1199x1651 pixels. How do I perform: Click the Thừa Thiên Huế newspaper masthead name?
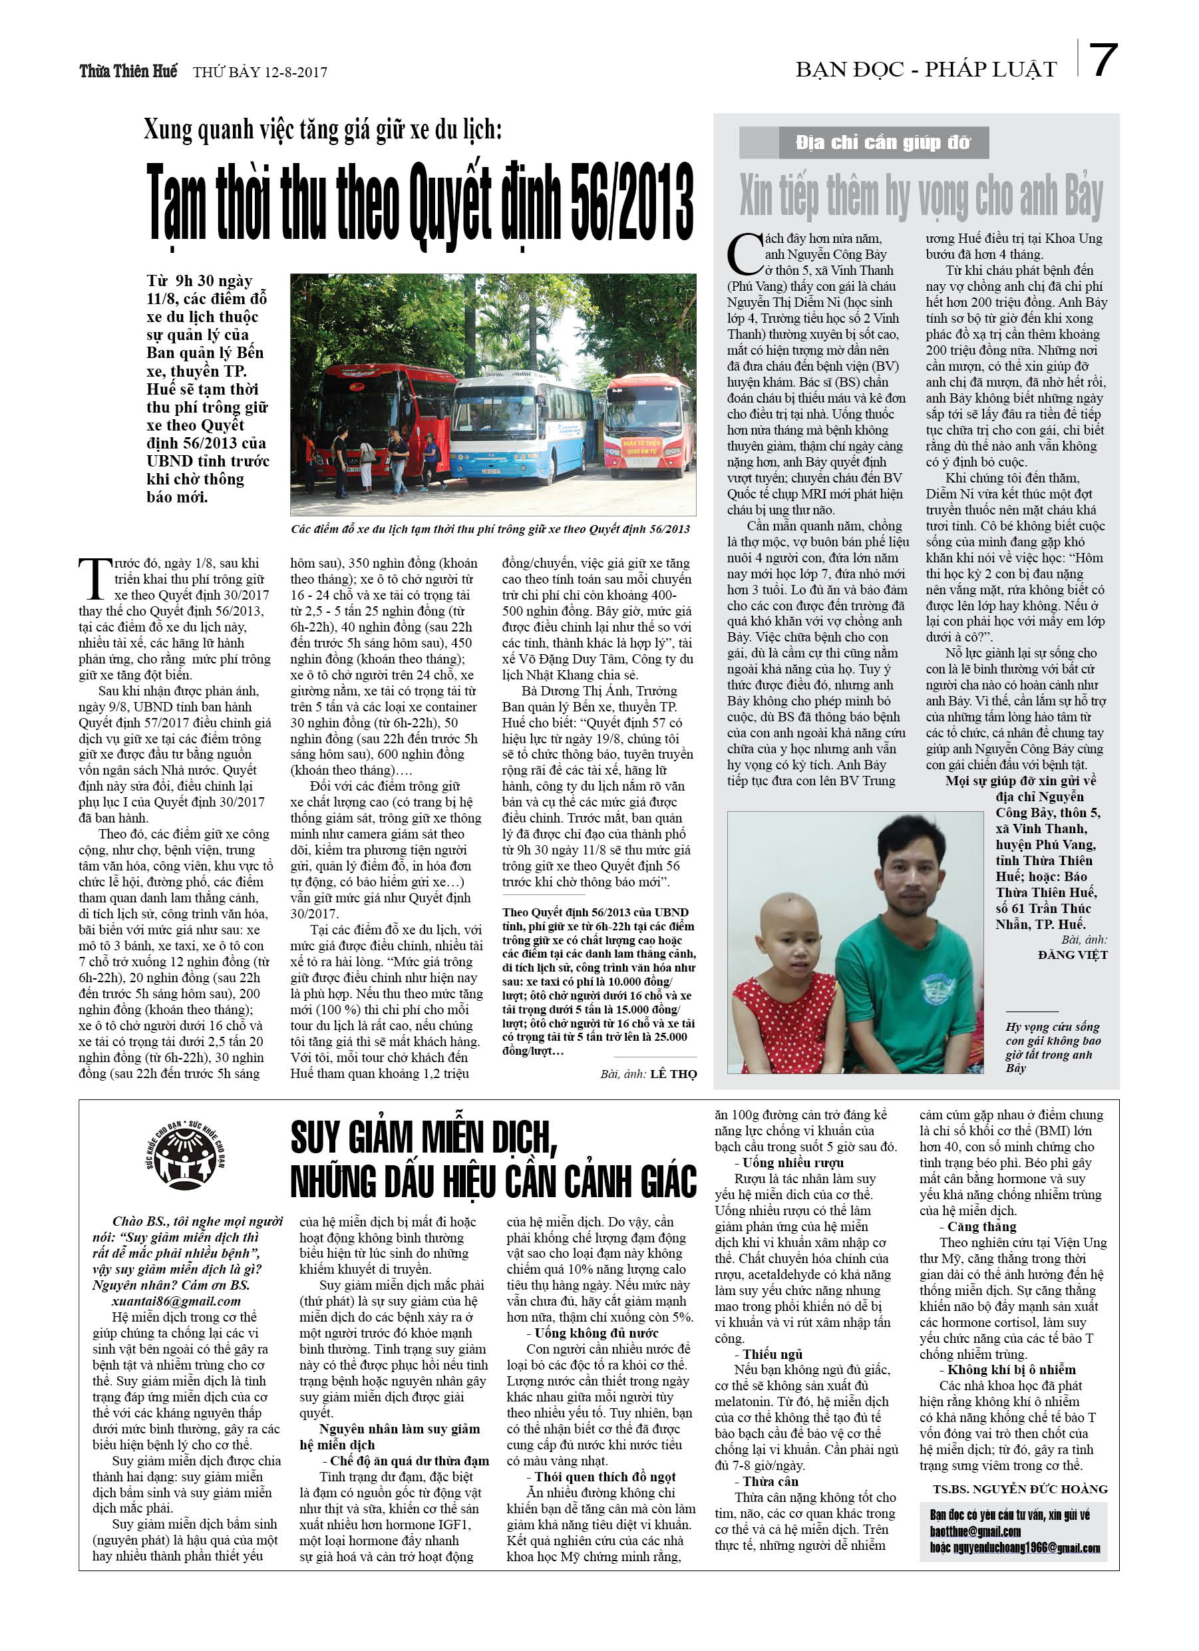point(128,71)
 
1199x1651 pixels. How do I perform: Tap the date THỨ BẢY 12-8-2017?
point(260,72)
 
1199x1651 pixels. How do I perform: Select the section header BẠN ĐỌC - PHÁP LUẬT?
point(926,70)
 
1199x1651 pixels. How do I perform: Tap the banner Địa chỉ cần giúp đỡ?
point(882,142)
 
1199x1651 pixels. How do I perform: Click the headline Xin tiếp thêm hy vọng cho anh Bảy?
point(921,196)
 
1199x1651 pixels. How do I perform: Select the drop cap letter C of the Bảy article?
point(744,256)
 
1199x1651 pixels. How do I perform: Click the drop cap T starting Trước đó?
point(94,578)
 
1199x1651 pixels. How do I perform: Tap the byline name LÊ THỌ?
point(673,1074)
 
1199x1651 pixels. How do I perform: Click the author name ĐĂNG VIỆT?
point(1073,954)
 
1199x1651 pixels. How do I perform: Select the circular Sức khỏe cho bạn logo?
point(185,1156)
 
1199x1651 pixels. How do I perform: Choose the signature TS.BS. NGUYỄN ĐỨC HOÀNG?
point(1020,1489)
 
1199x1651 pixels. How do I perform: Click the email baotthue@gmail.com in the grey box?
point(975,1532)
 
